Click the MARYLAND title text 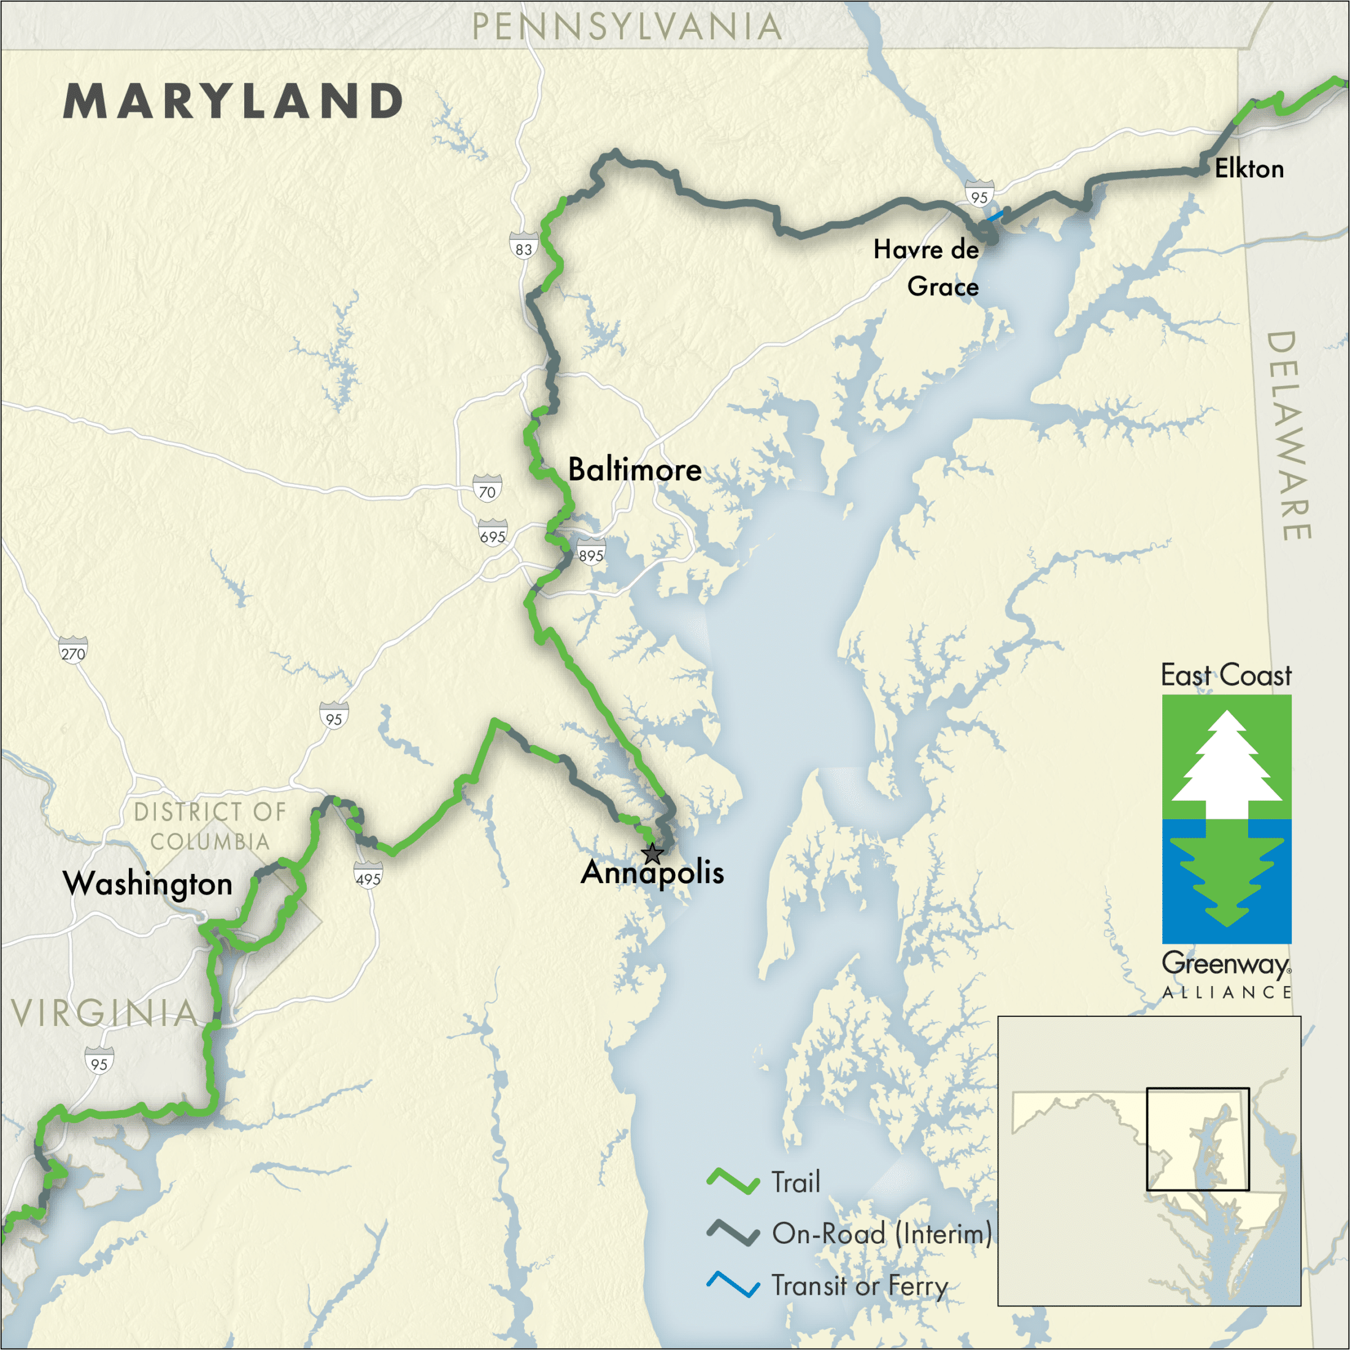(233, 101)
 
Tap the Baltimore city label (634, 469)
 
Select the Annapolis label (652, 873)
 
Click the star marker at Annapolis (652, 852)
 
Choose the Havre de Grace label (927, 268)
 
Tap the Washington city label (147, 884)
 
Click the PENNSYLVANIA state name (627, 27)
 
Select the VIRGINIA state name (105, 1012)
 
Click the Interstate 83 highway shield (523, 248)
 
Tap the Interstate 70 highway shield (487, 490)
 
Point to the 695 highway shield (493, 535)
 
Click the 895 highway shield (590, 554)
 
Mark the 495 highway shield (368, 877)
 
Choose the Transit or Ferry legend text (860, 1286)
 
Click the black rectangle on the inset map (1198, 1139)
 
